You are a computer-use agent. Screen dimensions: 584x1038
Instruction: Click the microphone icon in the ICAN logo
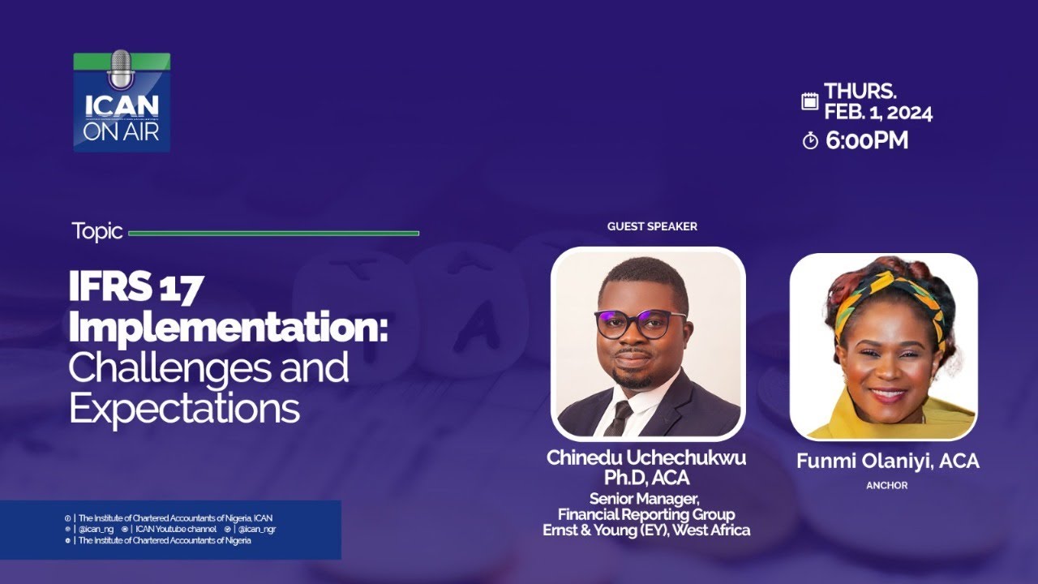coord(120,71)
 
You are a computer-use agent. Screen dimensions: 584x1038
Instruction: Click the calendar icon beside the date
coord(809,101)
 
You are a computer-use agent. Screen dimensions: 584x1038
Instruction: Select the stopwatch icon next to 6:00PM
coord(809,141)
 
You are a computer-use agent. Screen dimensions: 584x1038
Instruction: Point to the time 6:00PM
coord(867,140)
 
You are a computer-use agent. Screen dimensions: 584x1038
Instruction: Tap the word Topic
coord(97,231)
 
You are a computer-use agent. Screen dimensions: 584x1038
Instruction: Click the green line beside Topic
coord(273,234)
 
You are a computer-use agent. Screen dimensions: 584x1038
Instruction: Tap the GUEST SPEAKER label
coord(652,226)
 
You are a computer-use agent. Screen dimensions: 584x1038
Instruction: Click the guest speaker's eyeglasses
coord(640,324)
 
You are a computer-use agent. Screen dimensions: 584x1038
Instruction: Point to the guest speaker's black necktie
coord(620,417)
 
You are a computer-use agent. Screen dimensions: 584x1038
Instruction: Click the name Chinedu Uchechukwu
coord(646,457)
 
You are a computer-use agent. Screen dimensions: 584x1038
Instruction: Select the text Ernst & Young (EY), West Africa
coord(646,530)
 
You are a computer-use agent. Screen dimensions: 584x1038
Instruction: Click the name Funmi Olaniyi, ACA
coord(887,462)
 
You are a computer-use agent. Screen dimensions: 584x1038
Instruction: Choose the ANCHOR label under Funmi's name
coord(887,486)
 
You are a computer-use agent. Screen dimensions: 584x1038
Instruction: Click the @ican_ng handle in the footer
coord(97,529)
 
